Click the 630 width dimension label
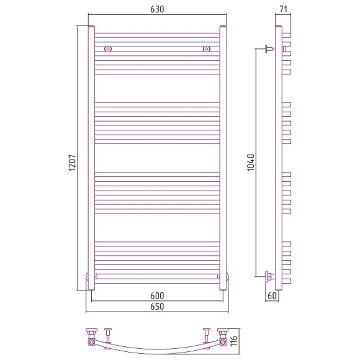(157, 9)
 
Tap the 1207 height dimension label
(73, 163)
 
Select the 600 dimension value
(157, 295)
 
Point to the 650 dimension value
(157, 307)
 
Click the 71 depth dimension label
(283, 9)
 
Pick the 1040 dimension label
(251, 163)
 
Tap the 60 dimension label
(272, 295)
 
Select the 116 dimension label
(233, 341)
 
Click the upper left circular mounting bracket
(108, 49)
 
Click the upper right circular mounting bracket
(207, 49)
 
